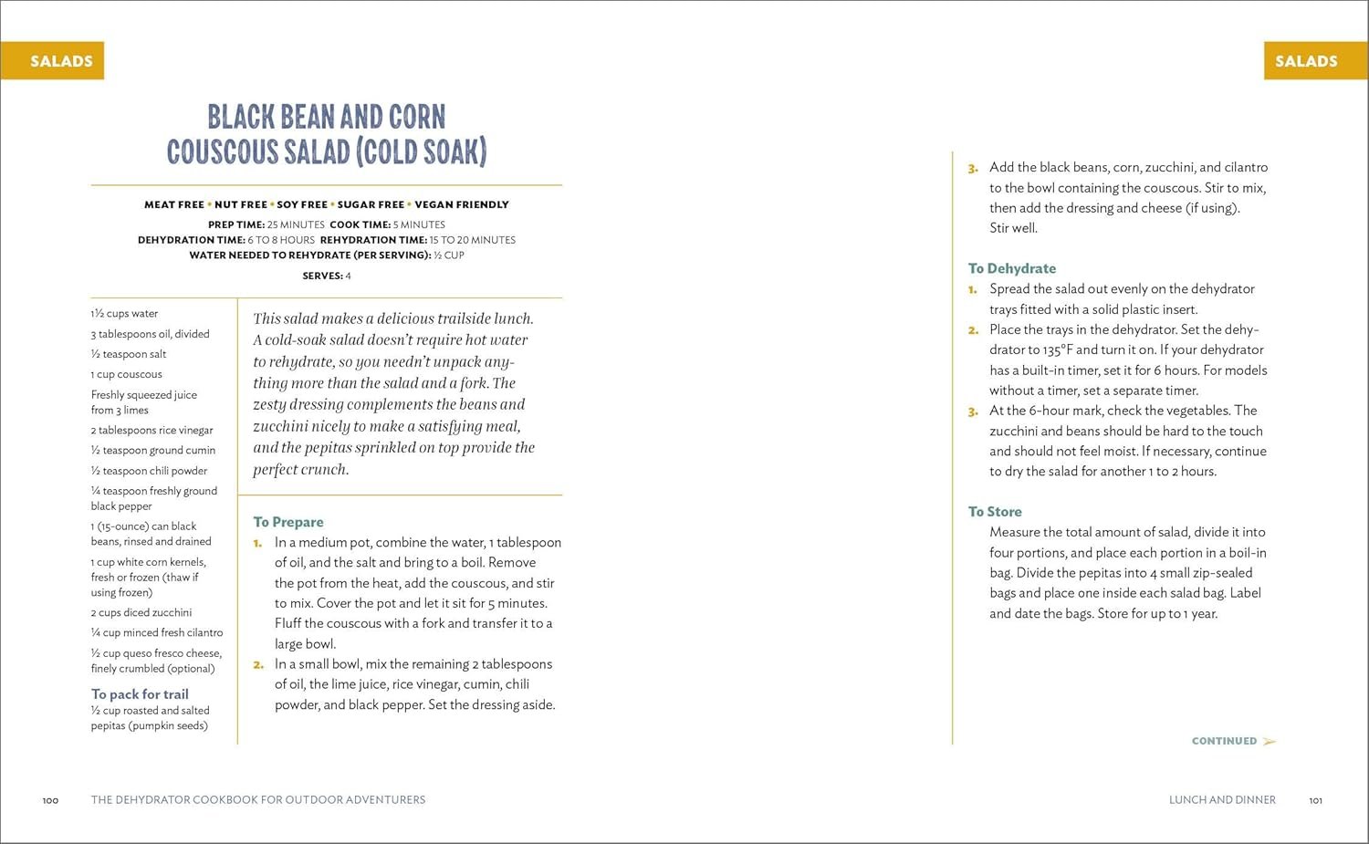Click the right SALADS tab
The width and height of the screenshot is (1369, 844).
pos(1306,61)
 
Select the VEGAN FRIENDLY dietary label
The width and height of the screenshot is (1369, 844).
pos(461,204)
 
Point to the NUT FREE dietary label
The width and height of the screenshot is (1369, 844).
pos(241,204)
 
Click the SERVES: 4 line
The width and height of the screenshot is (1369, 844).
pos(327,276)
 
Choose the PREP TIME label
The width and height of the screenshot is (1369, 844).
pos(236,224)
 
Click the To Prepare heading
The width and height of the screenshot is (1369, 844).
pos(288,522)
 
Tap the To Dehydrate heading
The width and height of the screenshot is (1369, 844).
pos(1011,268)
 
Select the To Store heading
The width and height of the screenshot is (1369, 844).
pos(995,512)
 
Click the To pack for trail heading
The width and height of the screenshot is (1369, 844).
pos(140,694)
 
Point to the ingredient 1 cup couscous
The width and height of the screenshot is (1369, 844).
pos(126,374)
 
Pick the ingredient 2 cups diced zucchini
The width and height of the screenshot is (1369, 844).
pos(141,612)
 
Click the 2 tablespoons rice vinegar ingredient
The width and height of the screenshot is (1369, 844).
pos(152,430)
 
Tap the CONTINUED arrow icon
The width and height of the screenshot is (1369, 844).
pos(1270,741)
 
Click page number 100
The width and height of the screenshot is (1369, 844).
pos(50,801)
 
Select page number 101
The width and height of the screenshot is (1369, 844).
pos(1315,801)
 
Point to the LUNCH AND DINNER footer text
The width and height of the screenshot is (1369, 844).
pos(1222,800)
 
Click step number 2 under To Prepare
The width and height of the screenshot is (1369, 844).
pos(258,664)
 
